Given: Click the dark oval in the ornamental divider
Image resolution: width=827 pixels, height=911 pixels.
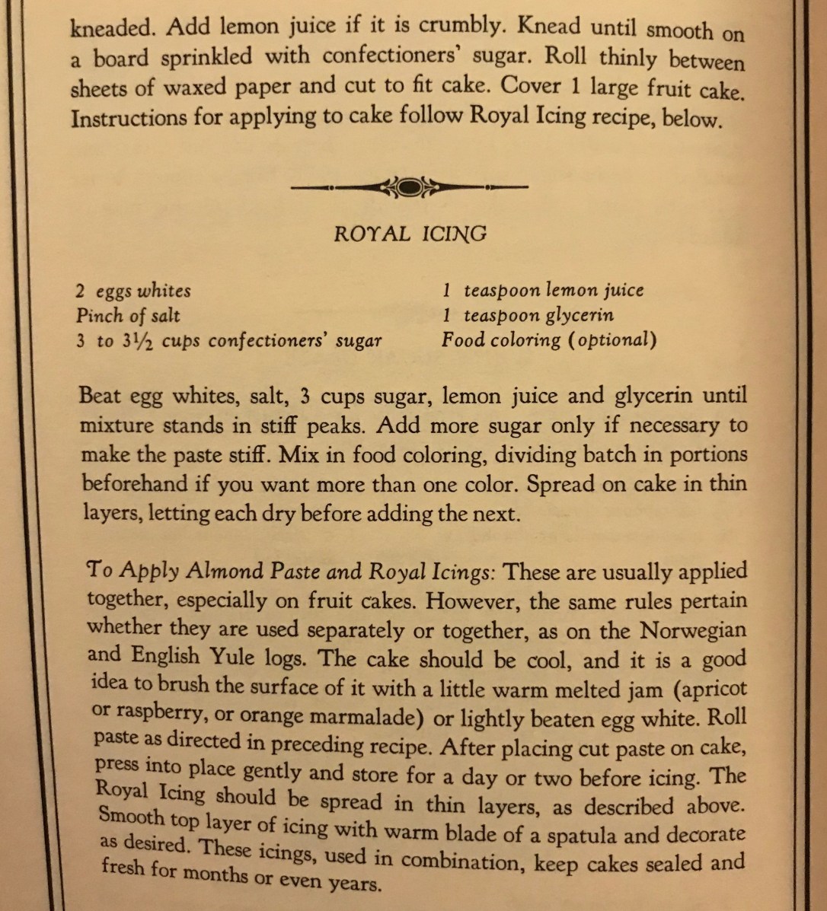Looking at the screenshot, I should [409, 186].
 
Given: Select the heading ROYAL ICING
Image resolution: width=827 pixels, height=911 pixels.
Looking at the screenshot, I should [410, 234].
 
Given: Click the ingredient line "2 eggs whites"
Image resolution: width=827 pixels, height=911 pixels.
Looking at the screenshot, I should [133, 291].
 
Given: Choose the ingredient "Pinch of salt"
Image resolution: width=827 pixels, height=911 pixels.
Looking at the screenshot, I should [128, 315].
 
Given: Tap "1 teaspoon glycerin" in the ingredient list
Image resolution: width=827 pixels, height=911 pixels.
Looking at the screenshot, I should [528, 314].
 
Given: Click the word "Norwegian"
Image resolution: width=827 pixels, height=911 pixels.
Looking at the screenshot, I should [693, 631].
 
